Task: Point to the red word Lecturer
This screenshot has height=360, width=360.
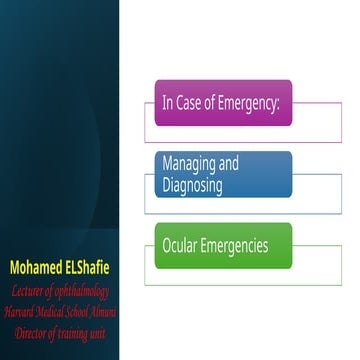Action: pos(34,291)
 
